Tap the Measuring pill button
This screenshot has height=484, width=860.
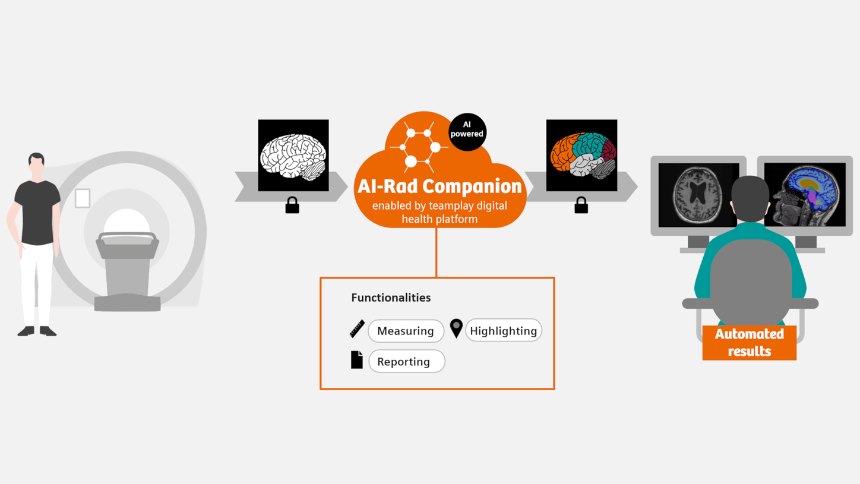pos(406,331)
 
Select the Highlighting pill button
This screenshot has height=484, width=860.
pos(503,331)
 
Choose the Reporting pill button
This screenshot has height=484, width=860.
pos(406,361)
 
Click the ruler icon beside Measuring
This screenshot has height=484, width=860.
pos(357,329)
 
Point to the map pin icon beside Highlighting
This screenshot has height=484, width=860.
pos(456,328)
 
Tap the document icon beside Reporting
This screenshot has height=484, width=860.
pos(356,360)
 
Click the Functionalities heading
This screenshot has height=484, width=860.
pos(391,298)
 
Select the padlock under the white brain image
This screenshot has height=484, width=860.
pos(292,205)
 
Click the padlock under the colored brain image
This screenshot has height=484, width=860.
pos(581,205)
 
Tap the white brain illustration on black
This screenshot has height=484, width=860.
pos(293,156)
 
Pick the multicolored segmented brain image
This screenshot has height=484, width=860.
pos(581,156)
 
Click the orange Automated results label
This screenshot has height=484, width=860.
pos(749,343)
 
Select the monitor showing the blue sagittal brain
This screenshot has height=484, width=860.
pos(806,194)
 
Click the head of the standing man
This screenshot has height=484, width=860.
pos(37,164)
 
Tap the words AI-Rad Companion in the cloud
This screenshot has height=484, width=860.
pos(439,186)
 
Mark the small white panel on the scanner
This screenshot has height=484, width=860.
pos(83,198)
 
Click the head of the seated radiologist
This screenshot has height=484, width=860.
pos(751,199)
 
